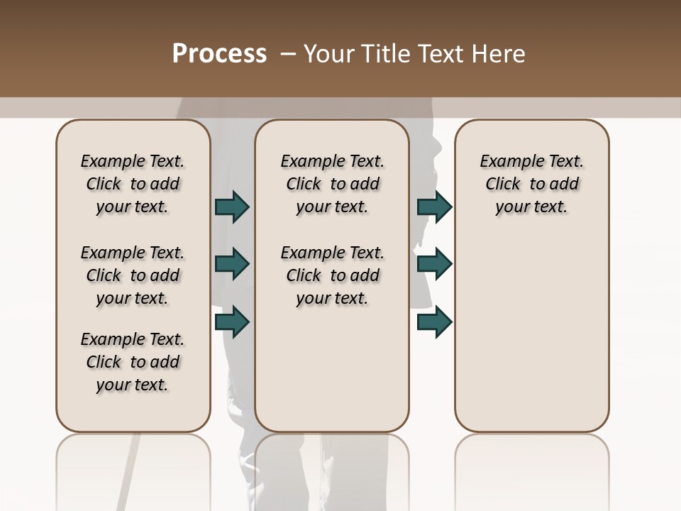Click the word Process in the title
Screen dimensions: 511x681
point(219,53)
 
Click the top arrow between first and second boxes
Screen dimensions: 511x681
point(232,207)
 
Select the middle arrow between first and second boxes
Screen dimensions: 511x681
point(232,264)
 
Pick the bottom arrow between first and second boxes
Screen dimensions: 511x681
point(232,322)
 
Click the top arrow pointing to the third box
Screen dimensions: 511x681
point(434,207)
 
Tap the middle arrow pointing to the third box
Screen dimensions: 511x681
point(434,264)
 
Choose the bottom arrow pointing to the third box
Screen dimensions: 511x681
point(434,322)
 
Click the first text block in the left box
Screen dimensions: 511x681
point(133,184)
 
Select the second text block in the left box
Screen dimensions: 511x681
point(133,275)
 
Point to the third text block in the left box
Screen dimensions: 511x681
point(133,362)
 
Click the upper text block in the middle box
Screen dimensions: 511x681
point(332,184)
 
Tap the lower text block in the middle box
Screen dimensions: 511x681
point(332,275)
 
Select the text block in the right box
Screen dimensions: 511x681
point(531,184)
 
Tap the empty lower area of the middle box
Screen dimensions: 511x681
point(332,369)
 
